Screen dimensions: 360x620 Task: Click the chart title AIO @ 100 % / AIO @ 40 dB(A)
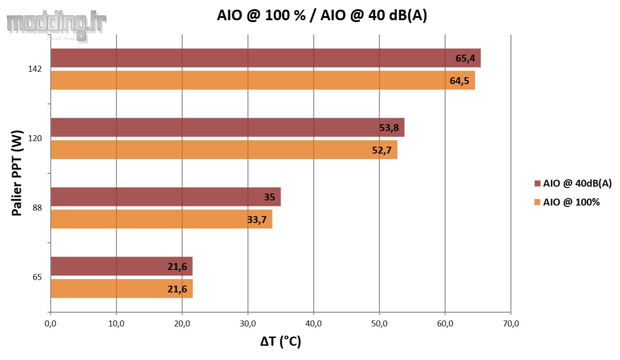point(322,16)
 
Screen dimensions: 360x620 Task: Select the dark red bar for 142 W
point(265,58)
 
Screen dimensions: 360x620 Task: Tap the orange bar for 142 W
point(262,80)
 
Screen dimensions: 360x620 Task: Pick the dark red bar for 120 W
point(227,127)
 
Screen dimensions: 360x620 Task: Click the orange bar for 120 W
point(223,150)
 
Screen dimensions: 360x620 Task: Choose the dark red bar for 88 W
point(165,197)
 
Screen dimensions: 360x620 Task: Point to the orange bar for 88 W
point(161,219)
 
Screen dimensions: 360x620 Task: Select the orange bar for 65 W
point(121,289)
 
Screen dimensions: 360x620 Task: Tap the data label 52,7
point(381,150)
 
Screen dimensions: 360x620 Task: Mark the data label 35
point(269,197)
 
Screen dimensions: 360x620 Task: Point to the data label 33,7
point(257,220)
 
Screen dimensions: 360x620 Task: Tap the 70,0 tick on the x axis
point(511,324)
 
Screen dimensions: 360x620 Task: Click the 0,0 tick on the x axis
point(51,324)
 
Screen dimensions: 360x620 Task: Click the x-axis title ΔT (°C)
point(280,342)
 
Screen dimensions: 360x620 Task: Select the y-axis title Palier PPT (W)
point(17,173)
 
